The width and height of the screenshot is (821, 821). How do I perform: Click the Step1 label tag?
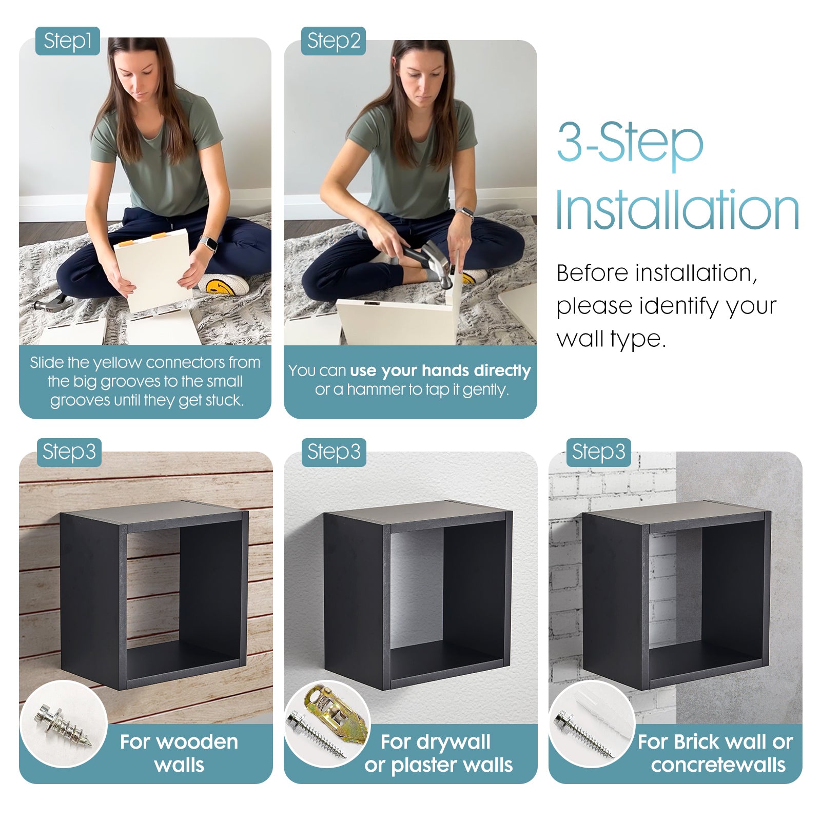coord(67,41)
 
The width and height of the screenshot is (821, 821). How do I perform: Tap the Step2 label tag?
coord(334,41)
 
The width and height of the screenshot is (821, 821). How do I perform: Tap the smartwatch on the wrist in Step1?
coord(208,243)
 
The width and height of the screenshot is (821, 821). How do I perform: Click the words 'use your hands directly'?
coord(440,370)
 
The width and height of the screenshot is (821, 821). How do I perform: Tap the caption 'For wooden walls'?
coord(179,753)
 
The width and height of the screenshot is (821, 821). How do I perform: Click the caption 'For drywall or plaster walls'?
coord(438,753)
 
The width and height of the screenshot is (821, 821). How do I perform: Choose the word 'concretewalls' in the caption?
coord(718,765)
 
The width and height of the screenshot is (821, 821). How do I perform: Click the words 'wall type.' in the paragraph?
coord(611,339)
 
